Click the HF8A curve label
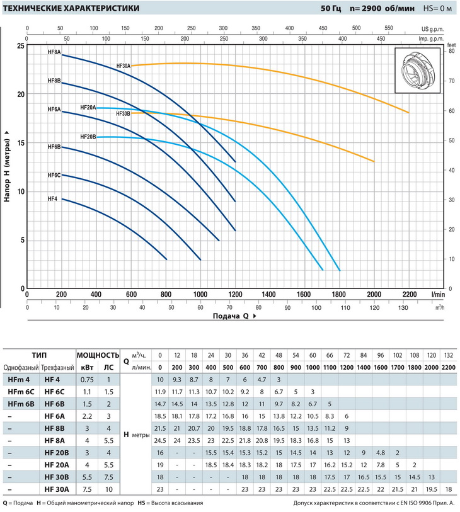tap(54, 52)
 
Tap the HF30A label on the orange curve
tap(123, 66)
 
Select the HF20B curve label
tap(88, 137)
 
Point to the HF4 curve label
tap(52, 199)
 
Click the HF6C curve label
tap(54, 175)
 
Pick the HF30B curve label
tap(123, 113)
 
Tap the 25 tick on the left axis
tap(21, 46)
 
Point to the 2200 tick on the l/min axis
tap(409, 294)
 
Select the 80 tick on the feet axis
tap(451, 52)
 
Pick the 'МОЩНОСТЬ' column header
tap(98, 355)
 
